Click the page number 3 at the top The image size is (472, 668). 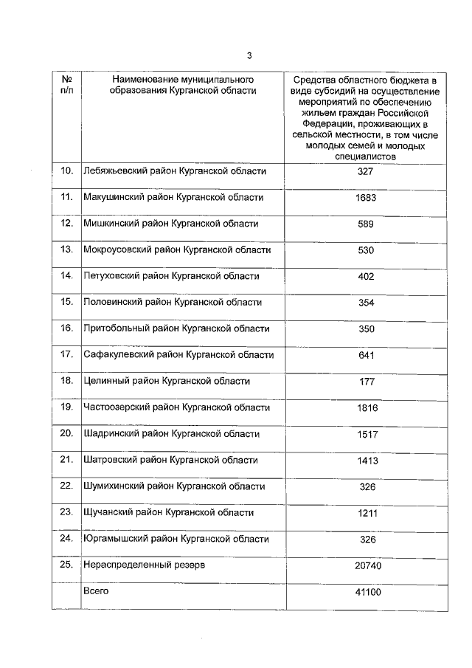(249, 55)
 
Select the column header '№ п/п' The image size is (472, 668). (66, 85)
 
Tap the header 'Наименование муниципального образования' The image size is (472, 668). (184, 85)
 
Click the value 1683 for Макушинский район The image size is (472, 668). (366, 198)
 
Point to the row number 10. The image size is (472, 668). (66, 171)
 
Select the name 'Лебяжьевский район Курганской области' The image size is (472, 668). (174, 171)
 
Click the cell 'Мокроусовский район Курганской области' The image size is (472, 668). (177, 249)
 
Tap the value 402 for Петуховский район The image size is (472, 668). (366, 277)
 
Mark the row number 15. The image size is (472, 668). (66, 302)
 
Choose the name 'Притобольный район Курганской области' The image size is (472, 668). (176, 328)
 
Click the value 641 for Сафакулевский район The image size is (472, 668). (366, 356)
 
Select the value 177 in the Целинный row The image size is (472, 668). (366, 382)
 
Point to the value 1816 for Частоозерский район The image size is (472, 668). (366, 408)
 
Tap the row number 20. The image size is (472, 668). (66, 433)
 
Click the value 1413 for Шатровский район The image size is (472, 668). (366, 461)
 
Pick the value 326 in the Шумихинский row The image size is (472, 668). (366, 487)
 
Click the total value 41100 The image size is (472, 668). (366, 593)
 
